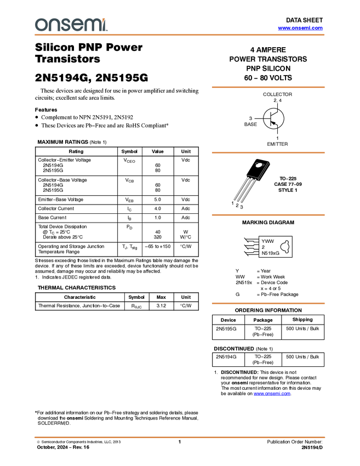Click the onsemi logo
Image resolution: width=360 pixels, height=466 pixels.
point(71,25)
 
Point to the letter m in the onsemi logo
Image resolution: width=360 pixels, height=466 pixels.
point(92,25)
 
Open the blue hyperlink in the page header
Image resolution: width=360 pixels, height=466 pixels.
point(300,28)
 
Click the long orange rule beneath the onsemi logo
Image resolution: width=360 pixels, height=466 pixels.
point(180,35)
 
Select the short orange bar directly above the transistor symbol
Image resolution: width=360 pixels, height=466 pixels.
point(268,87)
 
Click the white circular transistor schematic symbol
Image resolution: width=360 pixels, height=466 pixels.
point(273,118)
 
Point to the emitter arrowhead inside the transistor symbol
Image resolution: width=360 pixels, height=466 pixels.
point(273,123)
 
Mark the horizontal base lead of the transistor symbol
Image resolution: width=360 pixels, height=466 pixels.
point(266,118)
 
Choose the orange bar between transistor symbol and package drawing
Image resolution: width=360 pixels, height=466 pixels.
point(268,152)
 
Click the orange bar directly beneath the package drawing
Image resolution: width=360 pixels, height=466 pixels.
point(268,215)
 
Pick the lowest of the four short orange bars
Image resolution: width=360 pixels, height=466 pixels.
point(268,304)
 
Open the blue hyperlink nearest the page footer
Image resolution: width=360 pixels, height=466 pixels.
point(272,394)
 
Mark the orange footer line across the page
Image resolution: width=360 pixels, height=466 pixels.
point(180,437)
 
